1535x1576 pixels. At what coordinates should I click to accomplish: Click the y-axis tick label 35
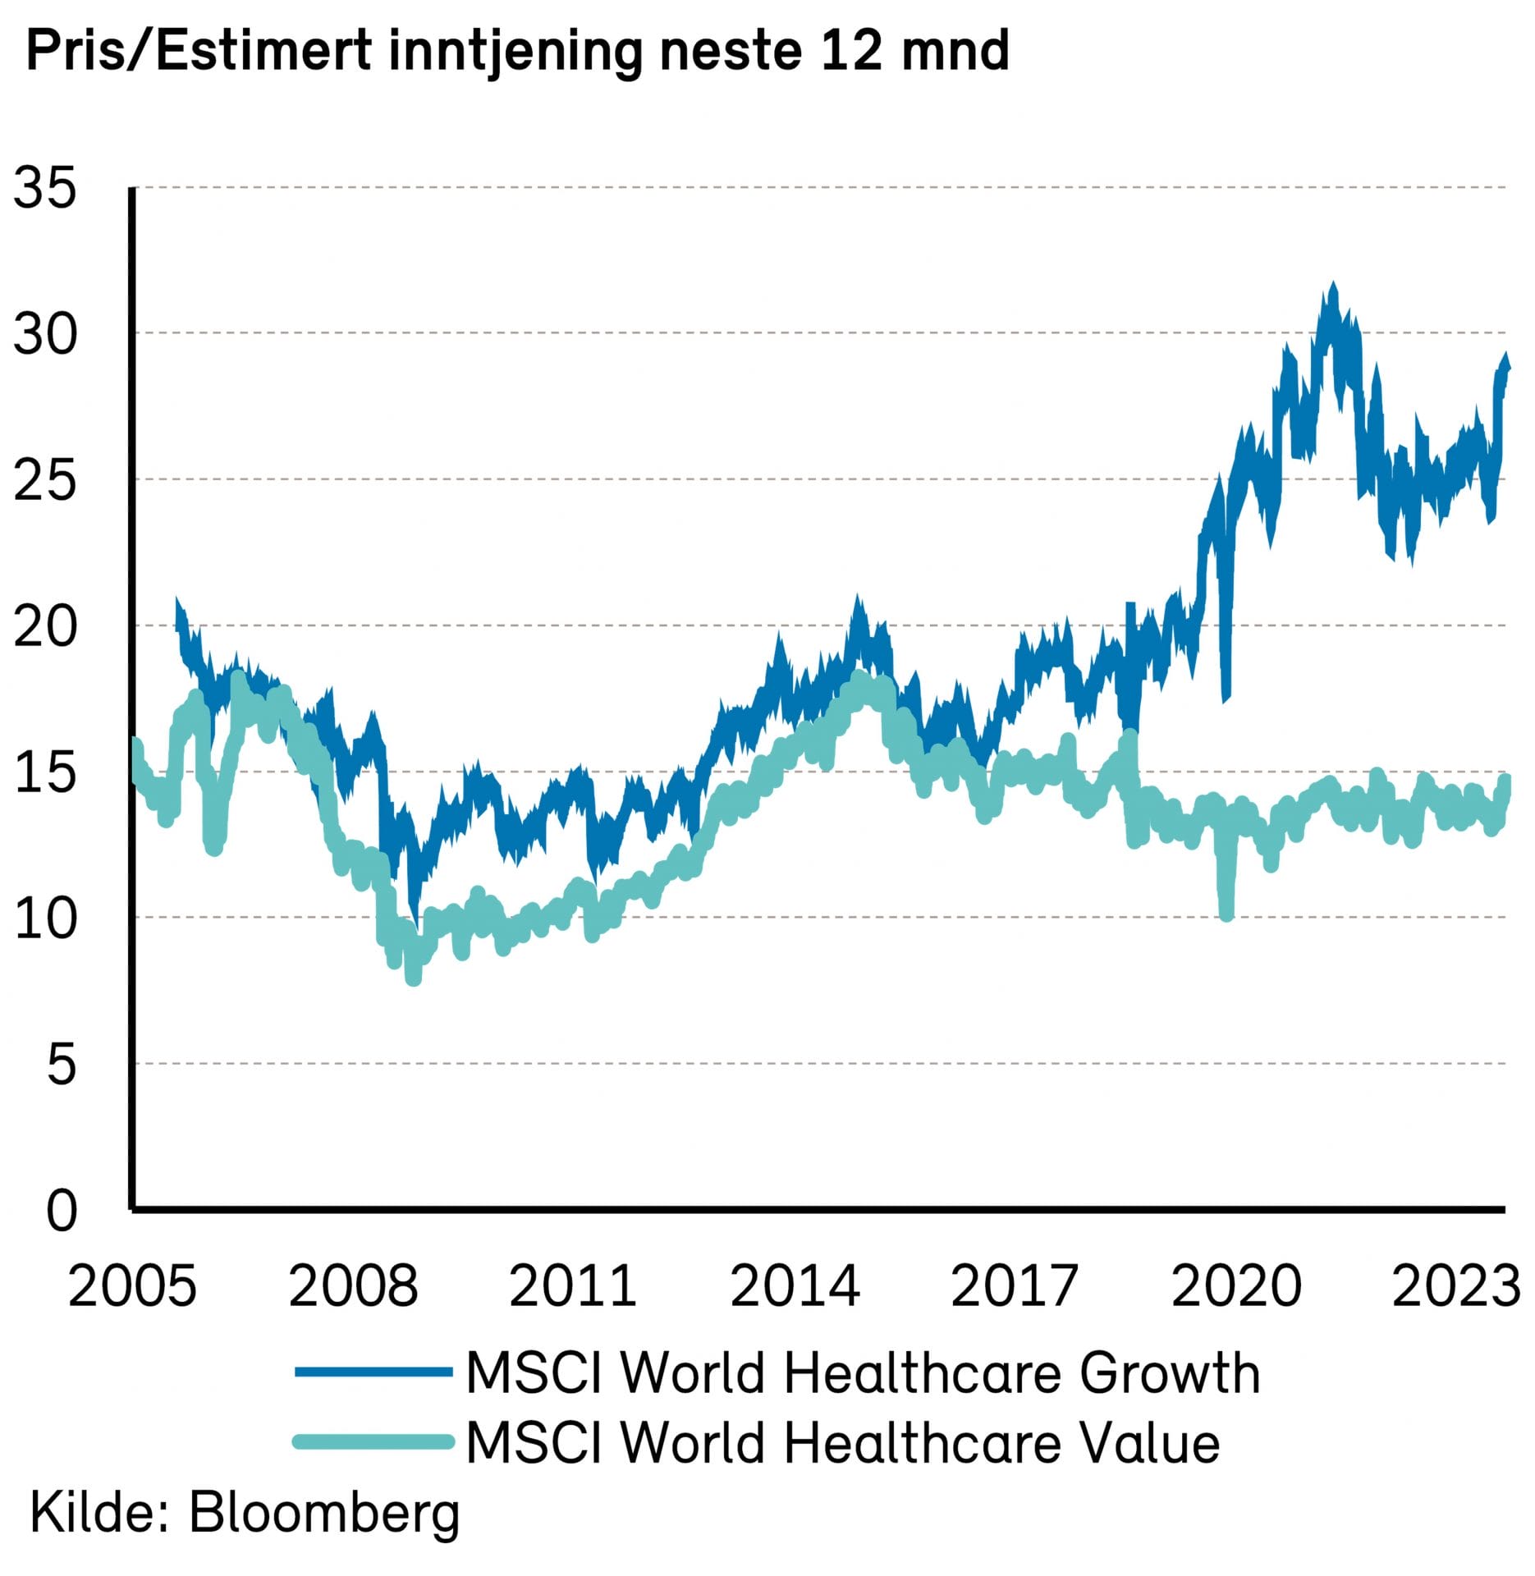[x=44, y=188]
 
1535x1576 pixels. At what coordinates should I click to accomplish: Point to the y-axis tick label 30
[x=44, y=334]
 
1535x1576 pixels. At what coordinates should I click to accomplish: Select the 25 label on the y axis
[x=44, y=480]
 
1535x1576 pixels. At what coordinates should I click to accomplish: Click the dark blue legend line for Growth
[x=373, y=1372]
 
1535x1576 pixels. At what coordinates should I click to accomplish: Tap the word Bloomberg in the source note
[x=325, y=1513]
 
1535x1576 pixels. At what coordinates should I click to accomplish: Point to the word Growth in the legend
[x=1169, y=1372]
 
